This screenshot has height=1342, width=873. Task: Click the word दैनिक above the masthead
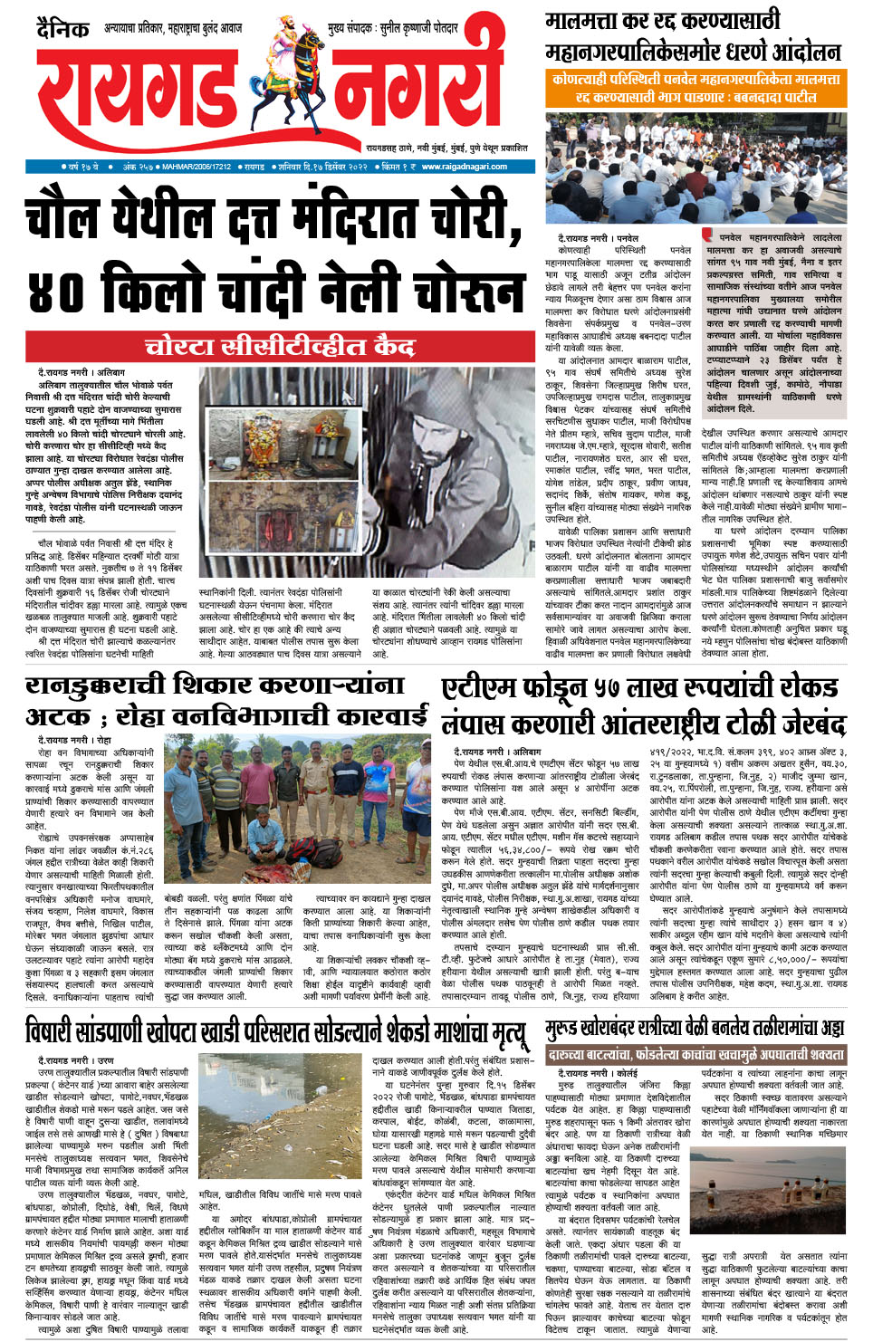click(62, 30)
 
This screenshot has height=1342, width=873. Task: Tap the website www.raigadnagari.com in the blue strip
click(465, 167)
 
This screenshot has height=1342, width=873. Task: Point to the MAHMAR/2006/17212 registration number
click(197, 167)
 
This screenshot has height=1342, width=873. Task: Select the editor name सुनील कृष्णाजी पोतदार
click(417, 29)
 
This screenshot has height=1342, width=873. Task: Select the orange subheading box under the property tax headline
click(695, 88)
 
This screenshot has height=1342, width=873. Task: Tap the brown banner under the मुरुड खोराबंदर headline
click(695, 1055)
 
